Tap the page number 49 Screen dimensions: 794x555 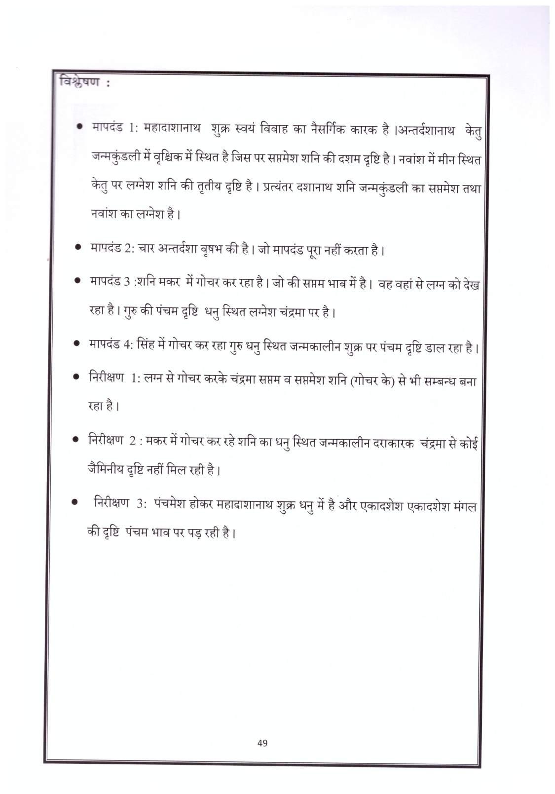(x=262, y=742)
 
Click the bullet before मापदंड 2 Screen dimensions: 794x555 (x=78, y=248)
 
